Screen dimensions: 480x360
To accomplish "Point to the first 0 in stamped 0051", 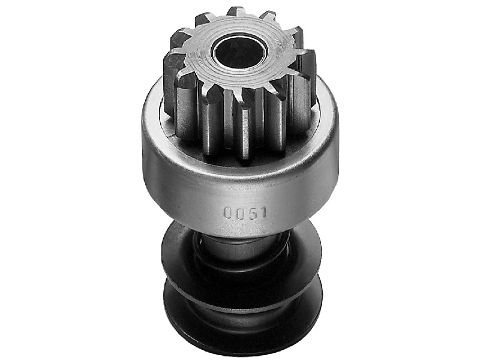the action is [229, 212].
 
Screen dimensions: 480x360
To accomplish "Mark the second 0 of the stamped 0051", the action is [239, 212].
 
